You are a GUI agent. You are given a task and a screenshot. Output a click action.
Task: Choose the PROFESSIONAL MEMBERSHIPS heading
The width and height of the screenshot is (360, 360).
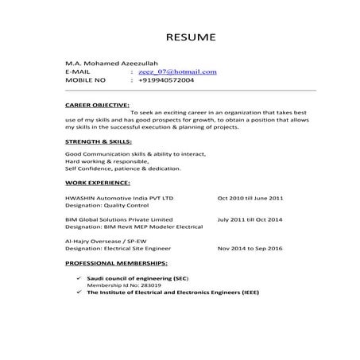[x=115, y=261]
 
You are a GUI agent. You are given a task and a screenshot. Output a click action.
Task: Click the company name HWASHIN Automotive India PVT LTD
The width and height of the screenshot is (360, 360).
[x=118, y=195]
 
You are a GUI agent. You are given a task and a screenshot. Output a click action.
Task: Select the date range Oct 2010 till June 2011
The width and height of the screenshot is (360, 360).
[x=250, y=195]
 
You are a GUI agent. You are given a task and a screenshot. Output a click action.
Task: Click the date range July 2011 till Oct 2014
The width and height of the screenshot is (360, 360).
[x=249, y=218]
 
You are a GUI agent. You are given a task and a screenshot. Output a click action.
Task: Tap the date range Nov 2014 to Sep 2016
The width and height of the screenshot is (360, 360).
[x=250, y=248]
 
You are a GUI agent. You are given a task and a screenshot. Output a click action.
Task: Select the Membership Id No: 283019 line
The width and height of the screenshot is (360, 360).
[x=120, y=285]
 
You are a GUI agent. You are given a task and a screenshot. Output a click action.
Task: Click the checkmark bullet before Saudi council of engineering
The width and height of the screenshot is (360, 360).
[x=78, y=277]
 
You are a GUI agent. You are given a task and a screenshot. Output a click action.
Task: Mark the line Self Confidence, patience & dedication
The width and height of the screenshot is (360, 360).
[x=123, y=168]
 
